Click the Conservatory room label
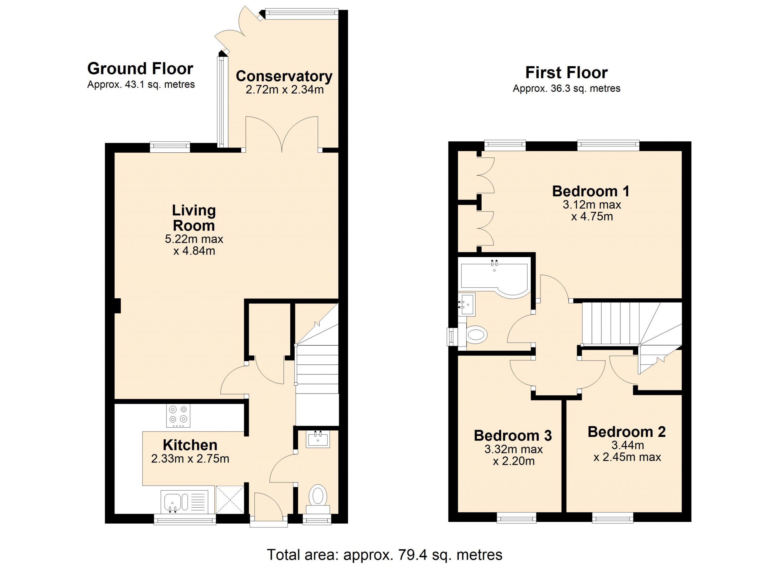tap(284, 76)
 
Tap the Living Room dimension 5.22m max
tap(194, 239)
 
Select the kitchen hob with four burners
tap(178, 416)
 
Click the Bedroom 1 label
tap(591, 191)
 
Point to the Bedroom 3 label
tap(513, 435)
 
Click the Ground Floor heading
tap(140, 69)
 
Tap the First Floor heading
tap(567, 73)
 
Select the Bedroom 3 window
tap(516, 518)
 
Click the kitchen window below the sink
tap(185, 519)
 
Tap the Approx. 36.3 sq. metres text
tap(567, 88)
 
